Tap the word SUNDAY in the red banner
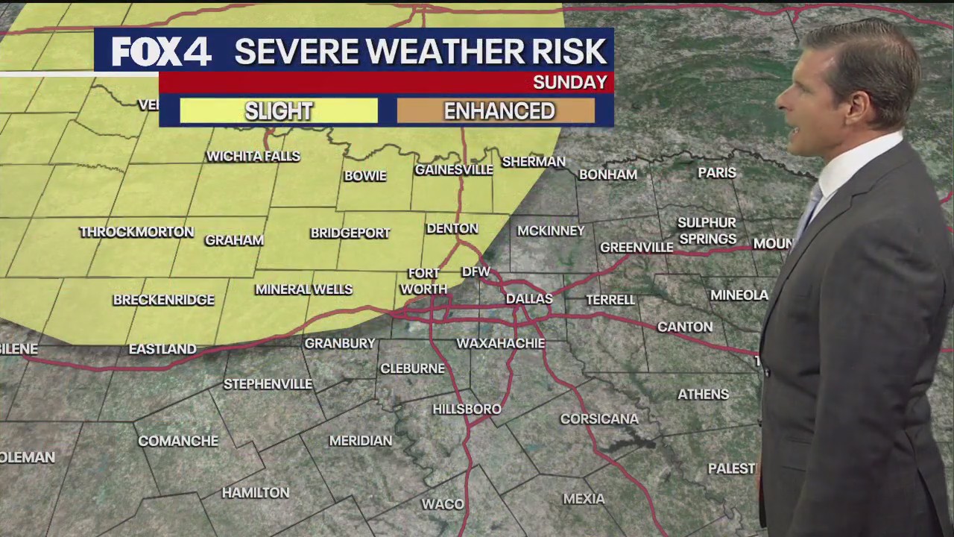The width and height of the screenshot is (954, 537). (x=569, y=82)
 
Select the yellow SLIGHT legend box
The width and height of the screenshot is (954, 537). (x=279, y=111)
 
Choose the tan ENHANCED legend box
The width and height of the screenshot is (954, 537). (x=499, y=111)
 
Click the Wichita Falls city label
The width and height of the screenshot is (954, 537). (x=253, y=156)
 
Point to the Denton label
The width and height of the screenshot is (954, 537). (x=452, y=228)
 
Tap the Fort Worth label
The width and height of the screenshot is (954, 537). (x=423, y=281)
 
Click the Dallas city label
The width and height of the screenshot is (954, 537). (x=529, y=298)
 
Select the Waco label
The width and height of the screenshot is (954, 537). (x=443, y=504)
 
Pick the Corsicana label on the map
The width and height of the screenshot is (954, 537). (x=599, y=418)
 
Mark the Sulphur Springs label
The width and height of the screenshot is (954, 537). (x=707, y=230)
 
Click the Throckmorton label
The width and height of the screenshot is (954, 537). (x=136, y=232)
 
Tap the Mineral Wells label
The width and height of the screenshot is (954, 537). (x=303, y=289)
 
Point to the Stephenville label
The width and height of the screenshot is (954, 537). (x=268, y=383)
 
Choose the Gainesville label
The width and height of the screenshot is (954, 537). (x=454, y=169)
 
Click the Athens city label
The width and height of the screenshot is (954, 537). (x=703, y=394)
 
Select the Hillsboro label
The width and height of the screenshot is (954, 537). (x=467, y=409)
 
